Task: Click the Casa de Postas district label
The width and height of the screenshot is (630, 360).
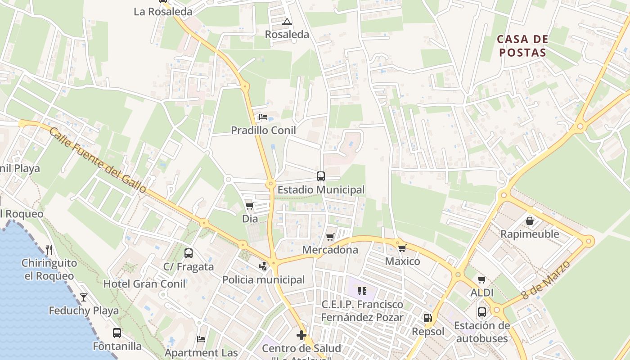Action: [522, 46]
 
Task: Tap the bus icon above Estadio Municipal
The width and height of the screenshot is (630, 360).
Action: [321, 176]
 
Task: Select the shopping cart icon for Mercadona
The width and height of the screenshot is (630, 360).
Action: [330, 237]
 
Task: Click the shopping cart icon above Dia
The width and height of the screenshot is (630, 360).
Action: [250, 206]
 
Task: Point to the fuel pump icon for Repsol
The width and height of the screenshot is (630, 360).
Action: [427, 318]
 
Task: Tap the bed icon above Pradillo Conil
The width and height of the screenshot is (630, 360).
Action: [263, 117]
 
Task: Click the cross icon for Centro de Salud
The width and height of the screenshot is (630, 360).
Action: [301, 335]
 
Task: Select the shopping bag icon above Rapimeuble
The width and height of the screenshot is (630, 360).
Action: [530, 221]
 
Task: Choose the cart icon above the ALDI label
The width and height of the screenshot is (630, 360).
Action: [482, 279]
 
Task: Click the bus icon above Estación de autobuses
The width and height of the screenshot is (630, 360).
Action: [482, 312]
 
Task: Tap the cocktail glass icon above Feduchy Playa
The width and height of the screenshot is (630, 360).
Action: [84, 297]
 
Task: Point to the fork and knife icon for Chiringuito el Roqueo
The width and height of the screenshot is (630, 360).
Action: [49, 249]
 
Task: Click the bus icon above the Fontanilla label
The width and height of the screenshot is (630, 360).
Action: [117, 333]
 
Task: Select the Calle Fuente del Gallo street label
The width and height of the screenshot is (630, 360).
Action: [98, 160]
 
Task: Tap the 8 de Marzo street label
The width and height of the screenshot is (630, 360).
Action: [546, 280]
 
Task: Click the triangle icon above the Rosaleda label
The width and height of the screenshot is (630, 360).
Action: [287, 21]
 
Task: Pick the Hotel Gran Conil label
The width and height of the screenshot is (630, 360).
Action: [144, 284]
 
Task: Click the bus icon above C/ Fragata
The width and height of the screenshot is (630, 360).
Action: [189, 253]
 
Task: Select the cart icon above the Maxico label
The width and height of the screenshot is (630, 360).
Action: [402, 248]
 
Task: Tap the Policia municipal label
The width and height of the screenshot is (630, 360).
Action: [264, 280]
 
